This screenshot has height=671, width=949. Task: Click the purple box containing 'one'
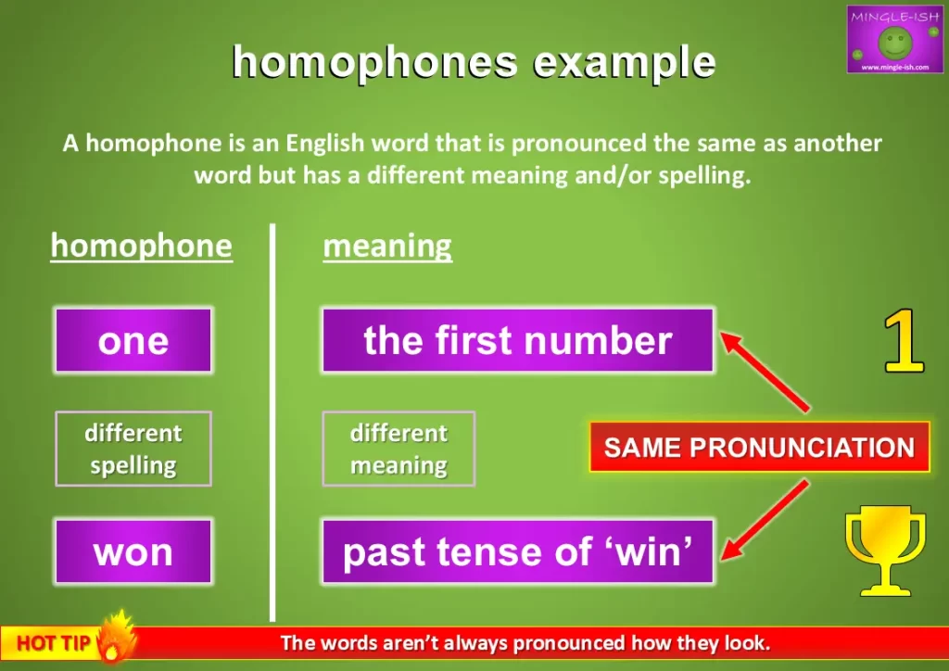(133, 340)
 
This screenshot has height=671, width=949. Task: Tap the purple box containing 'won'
(133, 551)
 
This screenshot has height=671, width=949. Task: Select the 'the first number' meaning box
(517, 340)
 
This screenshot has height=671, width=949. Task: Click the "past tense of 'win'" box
(517, 551)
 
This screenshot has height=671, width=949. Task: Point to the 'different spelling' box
(133, 449)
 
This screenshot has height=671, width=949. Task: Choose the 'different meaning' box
(399, 449)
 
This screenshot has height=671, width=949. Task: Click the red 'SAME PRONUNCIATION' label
(758, 448)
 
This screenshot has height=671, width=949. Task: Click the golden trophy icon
(884, 552)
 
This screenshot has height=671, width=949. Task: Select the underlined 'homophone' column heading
(141, 247)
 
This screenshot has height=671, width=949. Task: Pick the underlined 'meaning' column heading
(387, 247)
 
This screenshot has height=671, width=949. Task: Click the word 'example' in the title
(624, 62)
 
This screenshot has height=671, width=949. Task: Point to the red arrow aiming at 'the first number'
(766, 371)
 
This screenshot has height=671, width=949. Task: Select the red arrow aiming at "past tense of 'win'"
(766, 520)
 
